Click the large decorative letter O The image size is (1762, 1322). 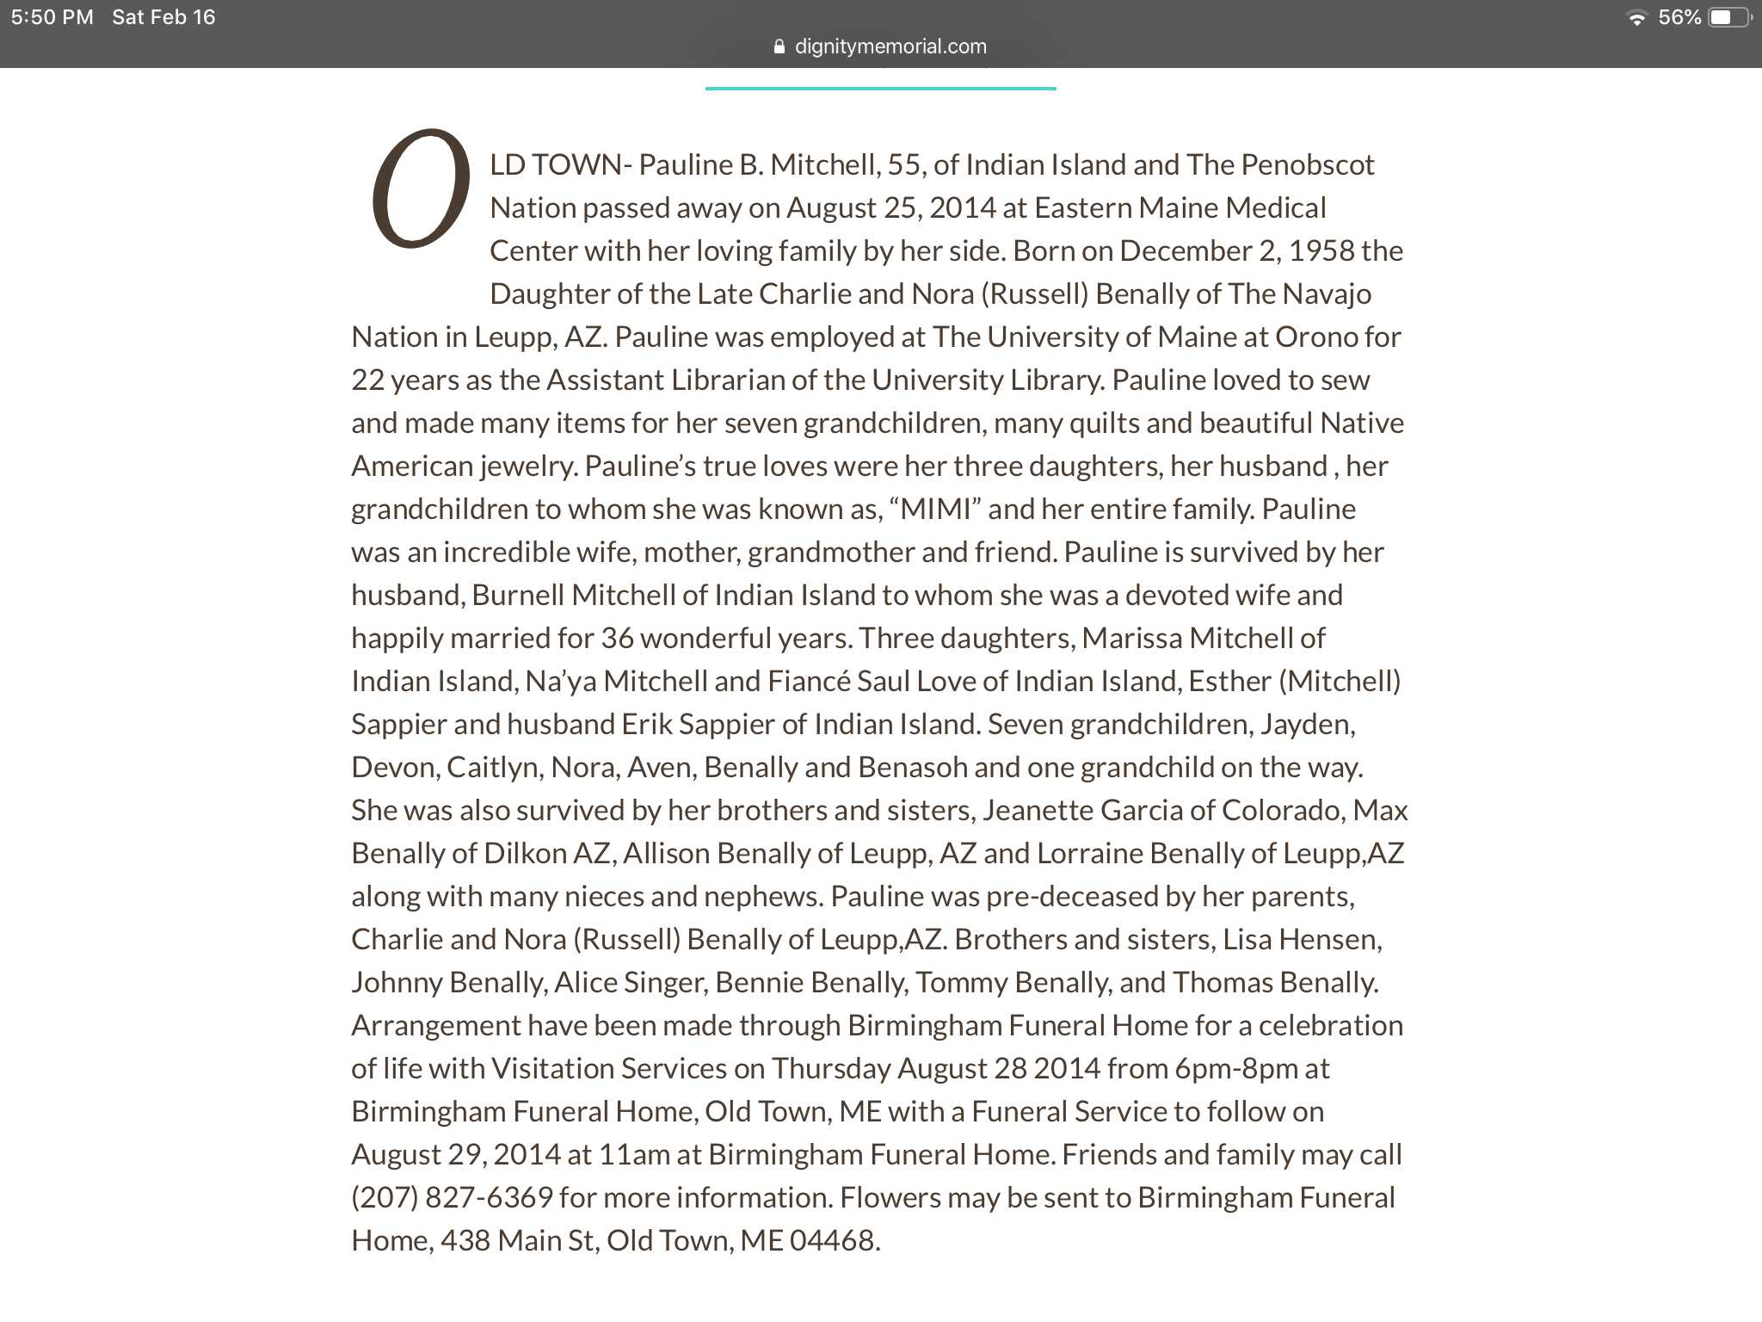point(421,189)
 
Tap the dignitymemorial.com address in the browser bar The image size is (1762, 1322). point(890,46)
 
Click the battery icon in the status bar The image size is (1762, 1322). point(1728,17)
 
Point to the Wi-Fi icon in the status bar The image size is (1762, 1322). point(1636,18)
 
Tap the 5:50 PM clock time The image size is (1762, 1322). point(52,17)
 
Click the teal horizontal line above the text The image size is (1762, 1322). point(880,88)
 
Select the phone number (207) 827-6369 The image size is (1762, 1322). point(452,1197)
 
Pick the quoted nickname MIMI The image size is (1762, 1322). point(935,509)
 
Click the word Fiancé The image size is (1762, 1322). point(809,681)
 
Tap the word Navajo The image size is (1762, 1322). point(1327,293)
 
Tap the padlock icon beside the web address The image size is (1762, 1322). point(779,46)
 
